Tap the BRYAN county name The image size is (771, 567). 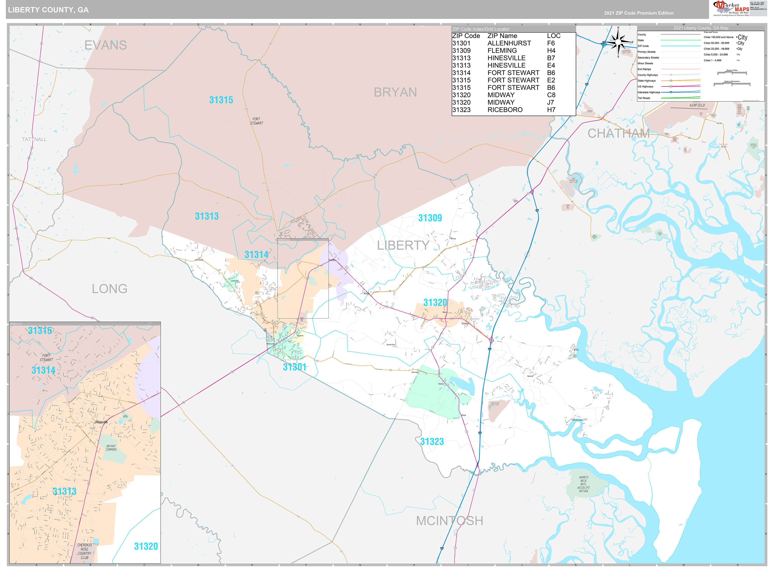(395, 92)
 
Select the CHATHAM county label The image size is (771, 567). (618, 133)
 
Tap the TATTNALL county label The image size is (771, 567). (34, 139)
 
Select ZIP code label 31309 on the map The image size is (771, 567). (430, 218)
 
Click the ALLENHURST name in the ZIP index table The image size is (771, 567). (509, 43)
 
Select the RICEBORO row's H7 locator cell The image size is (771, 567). (551, 110)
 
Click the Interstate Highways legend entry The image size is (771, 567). (649, 92)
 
